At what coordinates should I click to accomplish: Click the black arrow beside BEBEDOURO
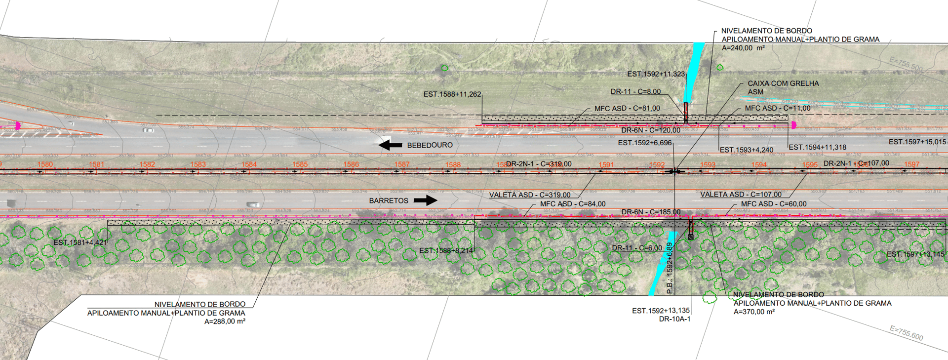[x=390, y=145]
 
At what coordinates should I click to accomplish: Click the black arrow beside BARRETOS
[x=425, y=200]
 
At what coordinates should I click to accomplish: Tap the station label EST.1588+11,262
[x=452, y=94]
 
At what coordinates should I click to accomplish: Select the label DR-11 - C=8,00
[x=635, y=92]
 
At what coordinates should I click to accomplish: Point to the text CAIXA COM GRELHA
[x=783, y=83]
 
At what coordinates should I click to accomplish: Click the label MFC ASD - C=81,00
[x=627, y=109]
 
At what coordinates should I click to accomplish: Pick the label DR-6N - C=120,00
[x=650, y=130]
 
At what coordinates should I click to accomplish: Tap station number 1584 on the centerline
[x=249, y=164]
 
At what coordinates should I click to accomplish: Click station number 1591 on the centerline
[x=606, y=165]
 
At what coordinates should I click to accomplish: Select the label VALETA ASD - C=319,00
[x=529, y=195]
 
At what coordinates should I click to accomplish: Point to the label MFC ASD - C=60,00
[x=773, y=204]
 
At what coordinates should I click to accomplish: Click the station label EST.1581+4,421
[x=80, y=242]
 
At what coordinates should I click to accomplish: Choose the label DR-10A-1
[x=674, y=319]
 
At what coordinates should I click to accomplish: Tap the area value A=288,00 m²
[x=225, y=321]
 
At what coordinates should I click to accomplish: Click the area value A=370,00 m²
[x=754, y=312]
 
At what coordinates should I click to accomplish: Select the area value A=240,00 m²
[x=743, y=48]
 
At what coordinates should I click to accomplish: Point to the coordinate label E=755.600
[x=906, y=333]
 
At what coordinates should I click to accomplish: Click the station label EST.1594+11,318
[x=817, y=147]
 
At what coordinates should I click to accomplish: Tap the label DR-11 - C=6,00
[x=637, y=248]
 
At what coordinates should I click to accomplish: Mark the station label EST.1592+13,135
[x=661, y=311]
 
